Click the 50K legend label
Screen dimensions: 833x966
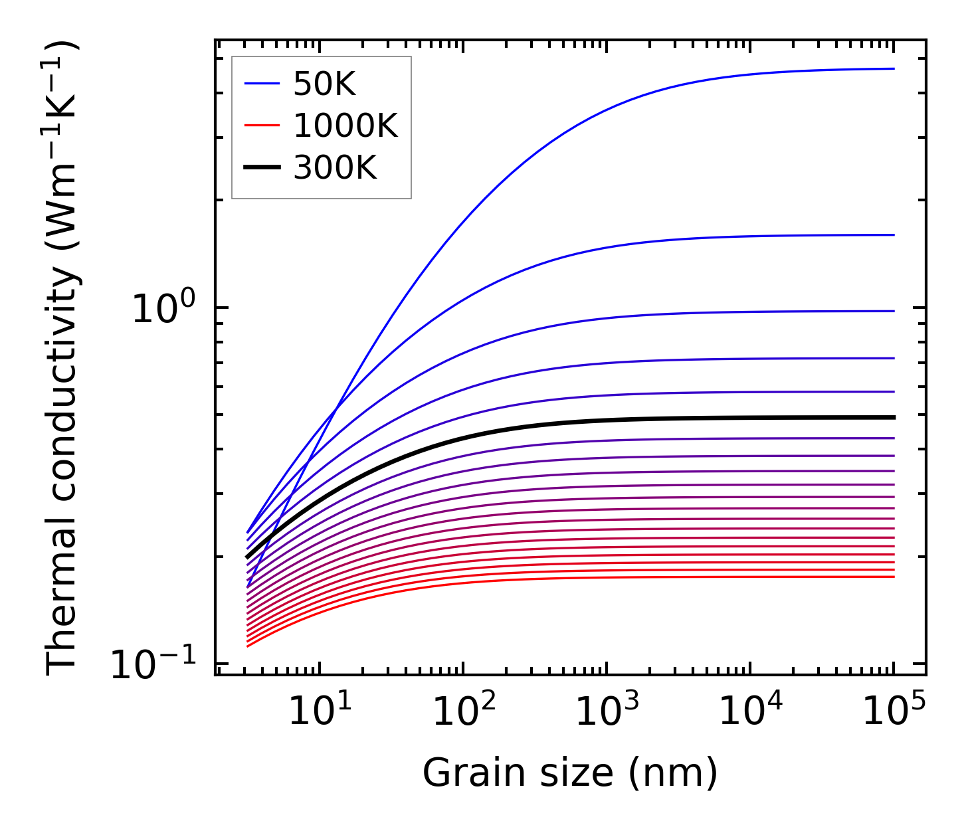324,84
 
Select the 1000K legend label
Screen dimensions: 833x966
345,126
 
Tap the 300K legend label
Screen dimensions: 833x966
335,168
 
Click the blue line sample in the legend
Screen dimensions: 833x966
262,84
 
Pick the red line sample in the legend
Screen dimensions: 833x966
262,126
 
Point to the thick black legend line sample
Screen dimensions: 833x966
262,168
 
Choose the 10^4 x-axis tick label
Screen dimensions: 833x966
748,711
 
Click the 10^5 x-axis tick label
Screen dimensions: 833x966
892,711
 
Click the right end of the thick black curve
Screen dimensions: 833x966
894,417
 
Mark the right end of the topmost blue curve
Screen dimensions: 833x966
894,68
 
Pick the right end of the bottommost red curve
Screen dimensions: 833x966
894,577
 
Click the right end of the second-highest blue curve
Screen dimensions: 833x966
894,234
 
